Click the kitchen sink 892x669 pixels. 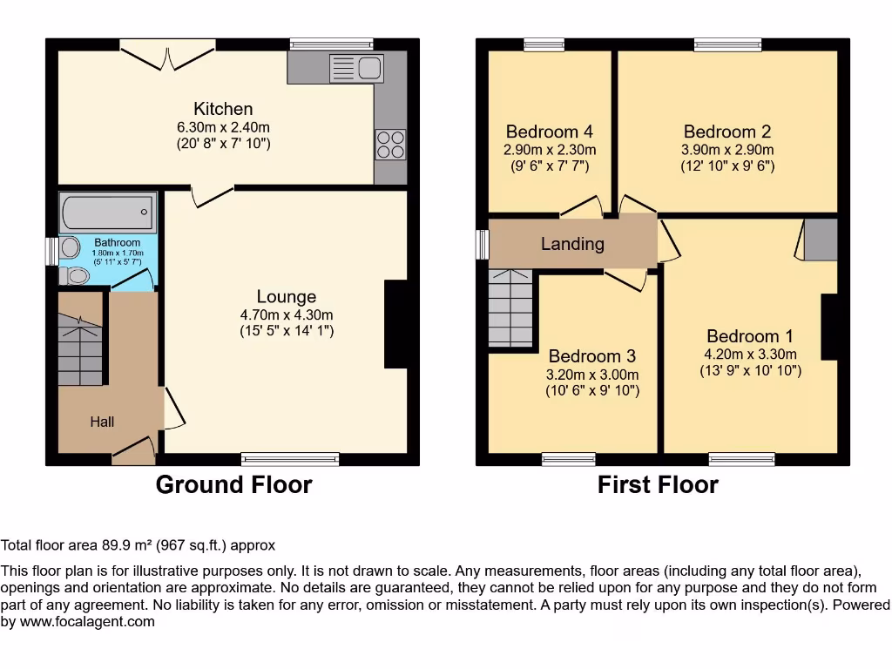click(x=358, y=66)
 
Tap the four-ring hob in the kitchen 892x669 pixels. click(x=390, y=144)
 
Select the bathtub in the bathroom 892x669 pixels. click(x=108, y=212)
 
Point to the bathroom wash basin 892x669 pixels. click(x=70, y=247)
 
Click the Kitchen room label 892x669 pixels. click(x=223, y=109)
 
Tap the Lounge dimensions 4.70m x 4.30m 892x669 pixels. click(x=287, y=314)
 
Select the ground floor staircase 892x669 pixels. click(x=81, y=348)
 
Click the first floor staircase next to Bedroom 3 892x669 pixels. click(x=510, y=308)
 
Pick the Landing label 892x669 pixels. click(x=572, y=244)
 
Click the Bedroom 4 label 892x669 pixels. click(x=550, y=132)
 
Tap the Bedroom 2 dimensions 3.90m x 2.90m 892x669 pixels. click(x=727, y=150)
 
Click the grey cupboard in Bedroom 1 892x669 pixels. click(x=821, y=240)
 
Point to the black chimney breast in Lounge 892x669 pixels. click(x=395, y=324)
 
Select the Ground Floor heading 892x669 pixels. click(x=233, y=485)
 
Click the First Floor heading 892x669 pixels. click(x=658, y=485)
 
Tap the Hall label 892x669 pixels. click(x=102, y=422)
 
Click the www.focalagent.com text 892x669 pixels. click(x=85, y=622)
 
